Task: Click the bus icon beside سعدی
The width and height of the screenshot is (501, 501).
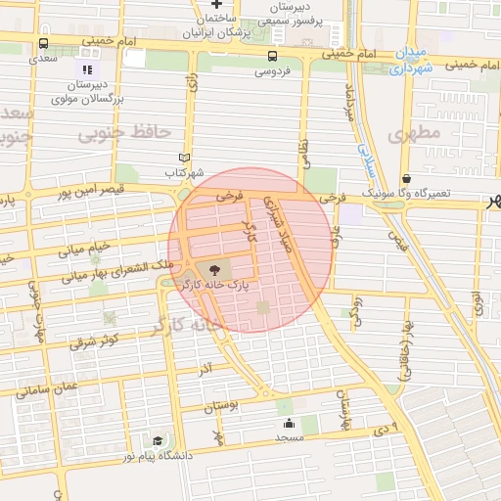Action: coord(43,44)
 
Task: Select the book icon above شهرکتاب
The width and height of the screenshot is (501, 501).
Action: coord(184,158)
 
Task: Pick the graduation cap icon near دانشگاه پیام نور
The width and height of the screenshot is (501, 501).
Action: coord(158,441)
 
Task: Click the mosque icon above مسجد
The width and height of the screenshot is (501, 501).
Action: coord(290,424)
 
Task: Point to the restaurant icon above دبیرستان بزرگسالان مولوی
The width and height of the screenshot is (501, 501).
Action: coord(87,69)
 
